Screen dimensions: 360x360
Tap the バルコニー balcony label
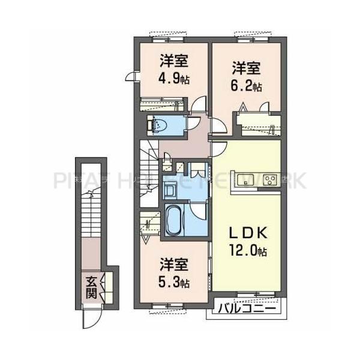click(x=247, y=310)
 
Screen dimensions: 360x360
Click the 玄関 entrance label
click(x=91, y=286)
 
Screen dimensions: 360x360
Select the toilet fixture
click(x=160, y=125)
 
